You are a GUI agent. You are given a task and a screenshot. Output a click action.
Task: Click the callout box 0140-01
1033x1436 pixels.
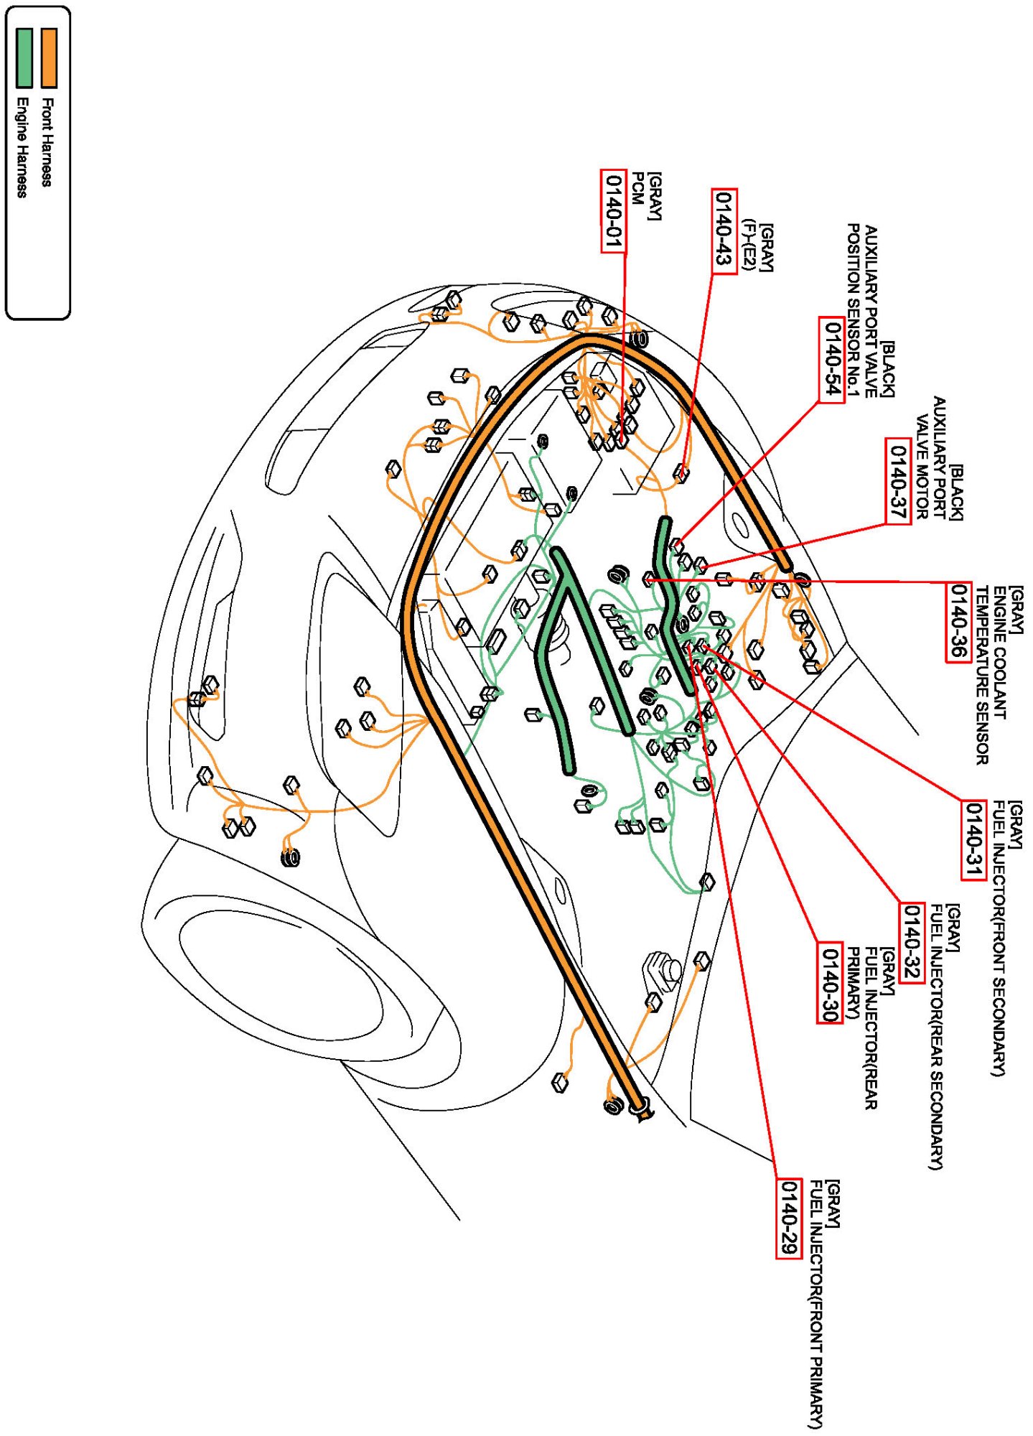pyautogui.click(x=613, y=211)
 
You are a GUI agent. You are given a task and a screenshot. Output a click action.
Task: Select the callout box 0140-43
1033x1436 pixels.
pyautogui.click(x=724, y=231)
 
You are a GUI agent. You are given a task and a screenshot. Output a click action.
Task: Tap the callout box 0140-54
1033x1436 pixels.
pyautogui.click(x=831, y=360)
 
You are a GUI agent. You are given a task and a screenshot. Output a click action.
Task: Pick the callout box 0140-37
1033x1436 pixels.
pyautogui.click(x=898, y=480)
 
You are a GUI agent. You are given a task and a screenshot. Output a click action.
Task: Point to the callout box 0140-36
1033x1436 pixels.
pyautogui.click(x=958, y=622)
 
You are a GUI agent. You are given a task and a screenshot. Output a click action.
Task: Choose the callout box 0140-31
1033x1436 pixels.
pyautogui.click(x=973, y=839)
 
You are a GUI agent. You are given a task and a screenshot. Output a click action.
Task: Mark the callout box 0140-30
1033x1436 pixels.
pyautogui.click(x=830, y=982)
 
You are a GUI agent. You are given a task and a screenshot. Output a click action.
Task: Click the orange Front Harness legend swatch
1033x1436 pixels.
pyautogui.click(x=49, y=58)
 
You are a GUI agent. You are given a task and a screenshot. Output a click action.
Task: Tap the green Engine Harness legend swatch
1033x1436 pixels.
pyautogui.click(x=24, y=58)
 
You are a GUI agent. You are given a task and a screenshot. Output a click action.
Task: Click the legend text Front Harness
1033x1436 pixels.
pyautogui.click(x=47, y=142)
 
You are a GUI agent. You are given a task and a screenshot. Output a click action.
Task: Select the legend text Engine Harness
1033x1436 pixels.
pyautogui.click(x=22, y=146)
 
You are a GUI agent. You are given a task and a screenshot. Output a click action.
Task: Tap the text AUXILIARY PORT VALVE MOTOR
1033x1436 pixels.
pyautogui.click(x=931, y=457)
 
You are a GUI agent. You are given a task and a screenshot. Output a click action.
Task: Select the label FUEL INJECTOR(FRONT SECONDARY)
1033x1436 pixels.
pyautogui.click(x=999, y=937)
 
